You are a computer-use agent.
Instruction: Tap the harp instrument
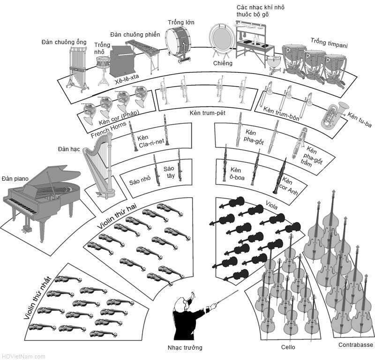click(99, 164)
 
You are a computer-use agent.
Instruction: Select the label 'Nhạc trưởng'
click(185, 348)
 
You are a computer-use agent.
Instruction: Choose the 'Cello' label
click(288, 347)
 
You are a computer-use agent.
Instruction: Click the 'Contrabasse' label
click(355, 345)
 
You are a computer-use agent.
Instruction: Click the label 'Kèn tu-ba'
click(360, 122)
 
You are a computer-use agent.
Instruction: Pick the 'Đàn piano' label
click(15, 178)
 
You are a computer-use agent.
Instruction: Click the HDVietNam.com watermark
click(23, 357)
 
